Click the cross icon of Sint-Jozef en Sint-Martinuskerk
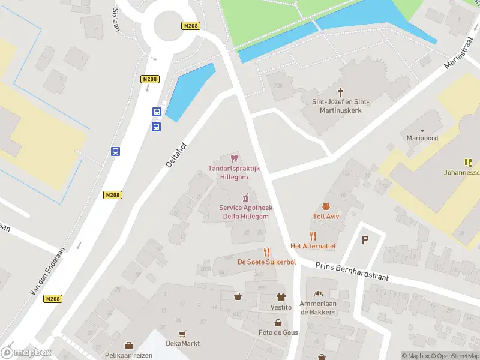point(341,92)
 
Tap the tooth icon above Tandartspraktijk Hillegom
point(234,158)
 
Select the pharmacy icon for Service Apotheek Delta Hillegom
point(245,197)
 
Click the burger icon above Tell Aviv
point(326,206)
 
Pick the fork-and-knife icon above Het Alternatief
point(313,236)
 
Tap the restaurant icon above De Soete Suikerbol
point(267,252)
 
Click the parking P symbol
point(364,239)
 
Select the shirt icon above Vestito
point(280,297)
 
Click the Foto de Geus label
point(278,332)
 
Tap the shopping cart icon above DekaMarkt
point(183,334)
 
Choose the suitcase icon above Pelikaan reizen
point(128,346)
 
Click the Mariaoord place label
point(422,138)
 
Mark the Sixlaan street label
point(116,16)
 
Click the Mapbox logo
point(26,353)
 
